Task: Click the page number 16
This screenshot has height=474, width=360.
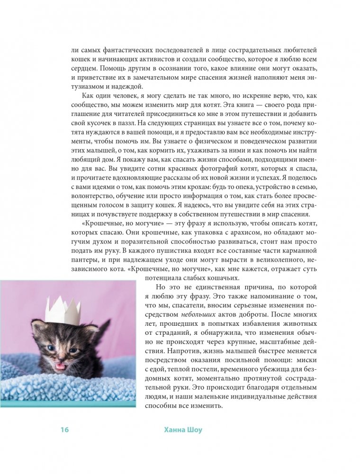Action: [x=65, y=429]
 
